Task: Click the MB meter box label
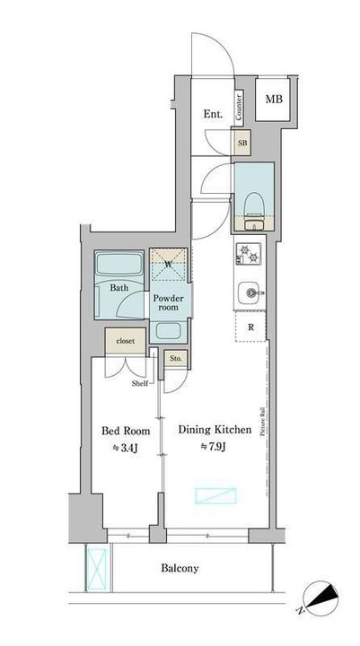tap(274, 100)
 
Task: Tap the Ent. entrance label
tap(213, 115)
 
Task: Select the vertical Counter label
tap(239, 107)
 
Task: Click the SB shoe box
tap(241, 143)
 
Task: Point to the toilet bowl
tap(253, 205)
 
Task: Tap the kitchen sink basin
tap(249, 292)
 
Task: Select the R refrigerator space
tap(250, 327)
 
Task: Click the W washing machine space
tap(168, 265)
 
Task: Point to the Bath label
tap(119, 288)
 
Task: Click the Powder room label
tap(169, 303)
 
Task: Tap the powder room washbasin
tap(168, 331)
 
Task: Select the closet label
tap(126, 341)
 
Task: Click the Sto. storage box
tap(176, 358)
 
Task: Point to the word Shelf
tap(140, 384)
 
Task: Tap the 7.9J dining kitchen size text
tap(213, 447)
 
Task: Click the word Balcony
tap(180, 569)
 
